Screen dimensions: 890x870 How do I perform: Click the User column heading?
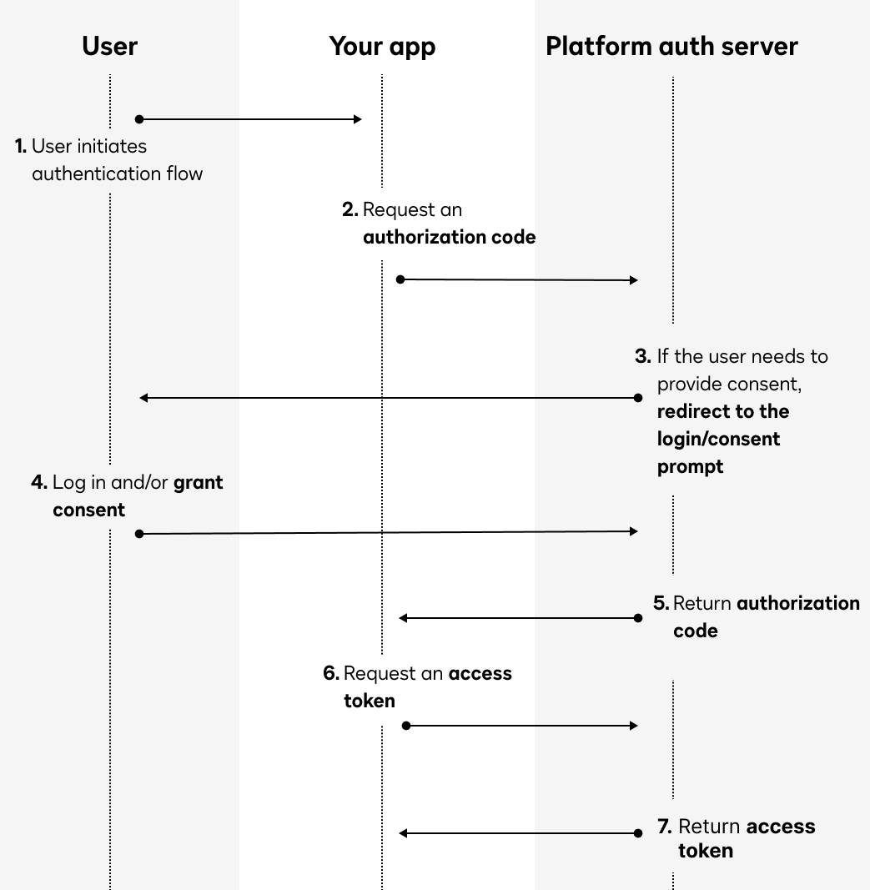tap(109, 46)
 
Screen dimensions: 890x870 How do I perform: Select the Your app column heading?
tap(382, 46)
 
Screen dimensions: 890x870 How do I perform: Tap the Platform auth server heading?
tap(671, 46)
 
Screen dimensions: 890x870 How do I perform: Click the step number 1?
tap(21, 146)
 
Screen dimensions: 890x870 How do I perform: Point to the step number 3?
tap(642, 356)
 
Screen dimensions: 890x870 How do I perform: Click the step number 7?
tap(664, 827)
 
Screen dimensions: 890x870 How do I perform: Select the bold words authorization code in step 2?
tap(449, 237)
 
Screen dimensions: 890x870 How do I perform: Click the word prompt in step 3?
tap(690, 466)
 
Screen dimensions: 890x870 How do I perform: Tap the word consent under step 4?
tap(88, 510)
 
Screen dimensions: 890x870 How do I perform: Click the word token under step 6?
tap(369, 701)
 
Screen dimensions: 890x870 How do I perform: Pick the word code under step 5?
tap(695, 631)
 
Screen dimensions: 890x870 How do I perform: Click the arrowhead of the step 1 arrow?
tap(358, 119)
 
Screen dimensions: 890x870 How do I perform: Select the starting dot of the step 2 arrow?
tap(400, 279)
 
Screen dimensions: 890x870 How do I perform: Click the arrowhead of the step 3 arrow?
tap(143, 398)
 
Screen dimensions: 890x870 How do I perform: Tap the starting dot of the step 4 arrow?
tap(139, 533)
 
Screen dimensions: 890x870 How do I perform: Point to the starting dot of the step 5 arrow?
tap(638, 618)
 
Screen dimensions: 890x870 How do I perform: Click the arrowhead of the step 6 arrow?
tap(634, 726)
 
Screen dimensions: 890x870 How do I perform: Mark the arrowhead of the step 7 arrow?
tap(403, 832)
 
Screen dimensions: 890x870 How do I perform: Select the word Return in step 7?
tap(709, 827)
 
